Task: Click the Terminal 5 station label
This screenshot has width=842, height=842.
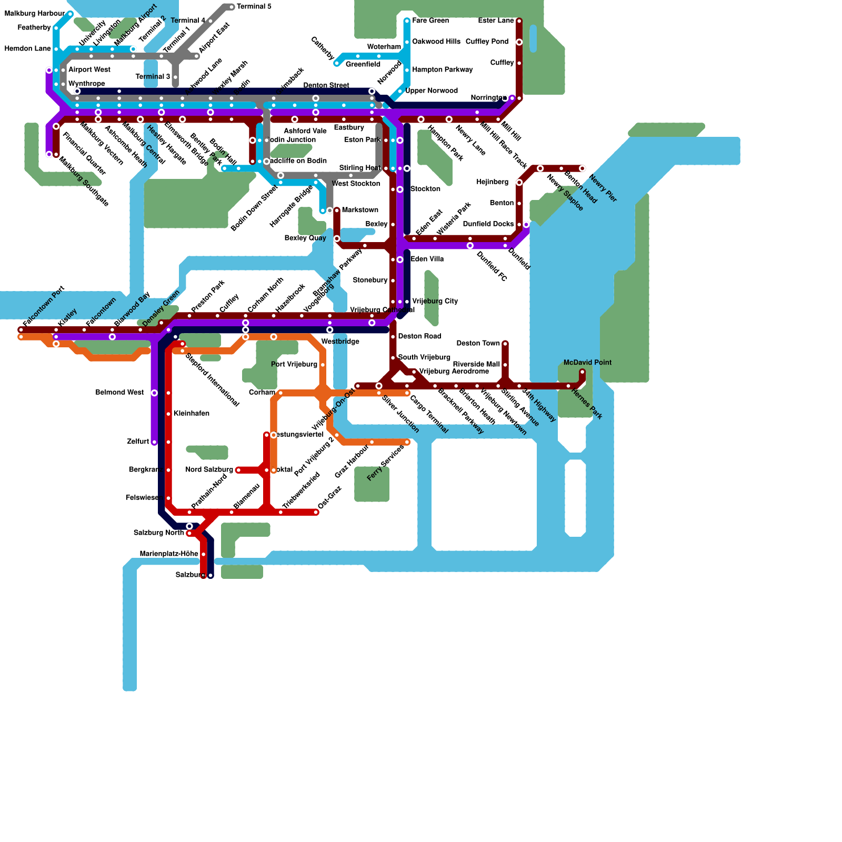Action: tap(254, 7)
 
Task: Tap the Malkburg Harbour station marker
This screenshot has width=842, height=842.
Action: tap(70, 14)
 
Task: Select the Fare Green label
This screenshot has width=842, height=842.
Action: tap(430, 21)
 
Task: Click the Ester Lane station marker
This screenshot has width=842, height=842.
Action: tap(519, 21)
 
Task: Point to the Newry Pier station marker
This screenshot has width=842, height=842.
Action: tap(582, 168)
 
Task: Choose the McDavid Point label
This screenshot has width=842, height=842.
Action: tap(587, 363)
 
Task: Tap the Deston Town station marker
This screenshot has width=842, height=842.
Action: tap(505, 344)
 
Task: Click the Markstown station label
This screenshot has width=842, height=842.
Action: tap(360, 210)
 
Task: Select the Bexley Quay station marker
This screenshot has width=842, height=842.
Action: tap(337, 238)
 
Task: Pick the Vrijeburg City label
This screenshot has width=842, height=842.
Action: tap(435, 301)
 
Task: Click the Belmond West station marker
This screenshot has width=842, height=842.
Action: tap(154, 393)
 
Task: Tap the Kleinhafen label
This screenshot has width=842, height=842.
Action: tap(191, 414)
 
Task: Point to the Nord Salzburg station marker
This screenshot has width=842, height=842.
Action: tap(238, 470)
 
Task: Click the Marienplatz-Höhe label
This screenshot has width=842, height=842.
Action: tap(168, 554)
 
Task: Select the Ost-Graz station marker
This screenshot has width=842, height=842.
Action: tap(317, 512)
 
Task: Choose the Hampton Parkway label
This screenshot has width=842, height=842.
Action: tap(442, 69)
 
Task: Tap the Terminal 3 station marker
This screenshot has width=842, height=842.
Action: tap(175, 77)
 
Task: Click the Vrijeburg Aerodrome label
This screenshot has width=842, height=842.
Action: tap(454, 372)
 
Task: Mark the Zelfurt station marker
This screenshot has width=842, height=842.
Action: tap(154, 442)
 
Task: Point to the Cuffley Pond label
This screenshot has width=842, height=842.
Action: tap(487, 42)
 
